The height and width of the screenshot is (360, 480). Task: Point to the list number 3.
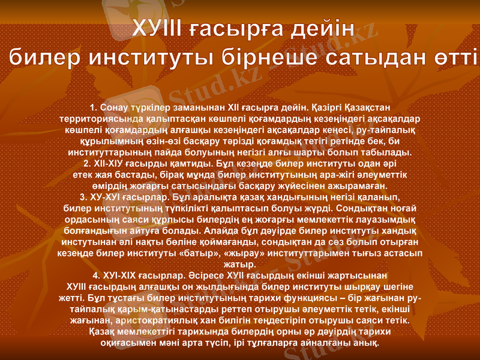[83, 196]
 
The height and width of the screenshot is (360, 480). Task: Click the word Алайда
[223, 229]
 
